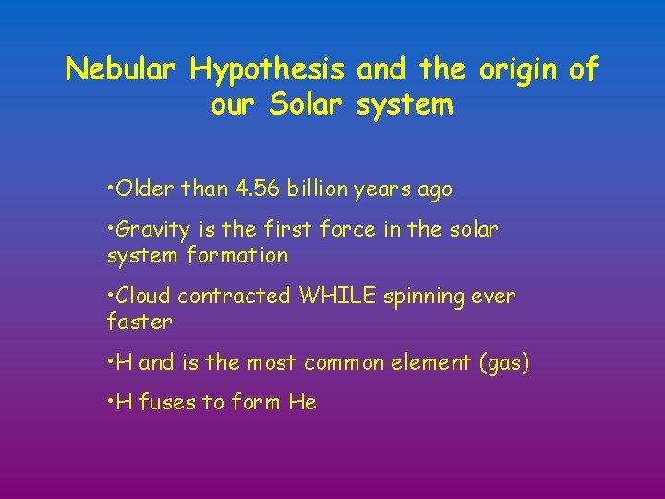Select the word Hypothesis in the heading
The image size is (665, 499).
pos(268,69)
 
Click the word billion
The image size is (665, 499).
pos(319,189)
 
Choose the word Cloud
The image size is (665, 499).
pos(144,296)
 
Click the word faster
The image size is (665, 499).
pos(139,322)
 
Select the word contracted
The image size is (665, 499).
pos(235,296)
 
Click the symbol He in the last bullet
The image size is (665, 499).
pos(302,402)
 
